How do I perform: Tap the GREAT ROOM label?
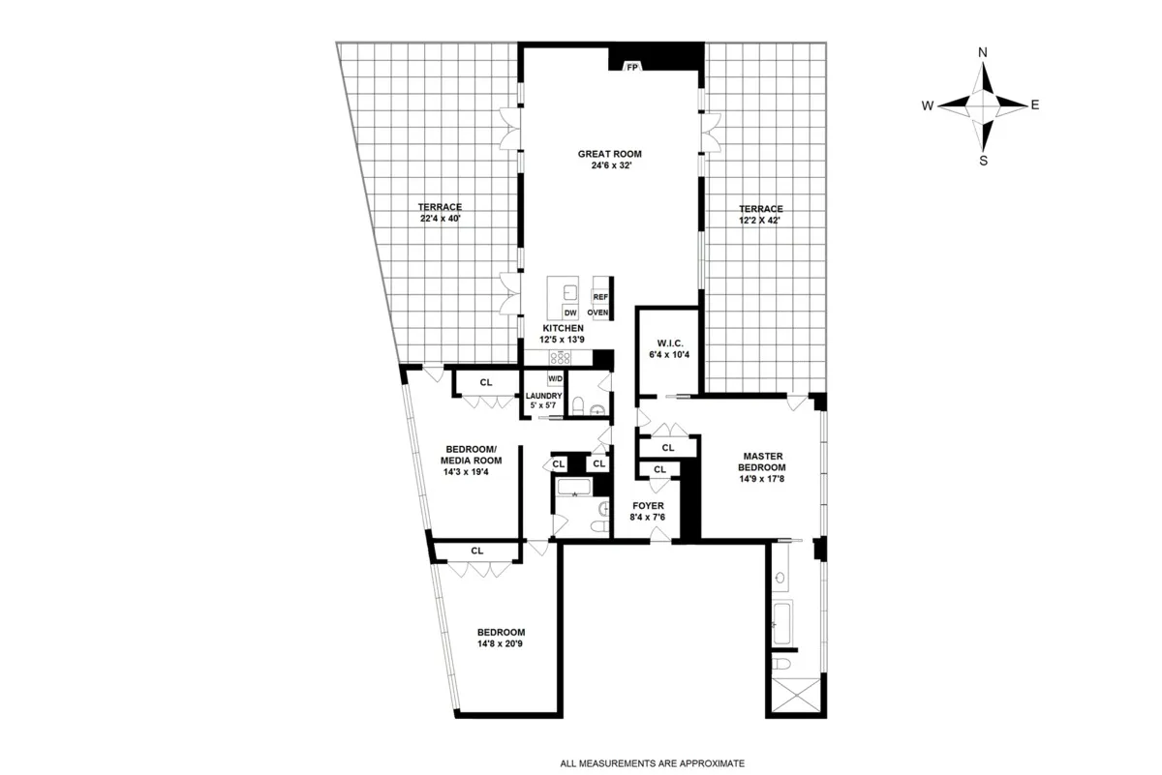coord(609,153)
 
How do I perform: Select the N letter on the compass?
coord(983,52)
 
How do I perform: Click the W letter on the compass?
coord(927,105)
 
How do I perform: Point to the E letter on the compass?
coord(1035,105)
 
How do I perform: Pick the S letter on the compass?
coord(983,161)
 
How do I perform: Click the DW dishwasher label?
coord(570,313)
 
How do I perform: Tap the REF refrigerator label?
coord(599,297)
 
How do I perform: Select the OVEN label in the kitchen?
coord(597,313)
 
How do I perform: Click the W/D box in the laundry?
coord(556,378)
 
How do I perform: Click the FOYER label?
coord(648,505)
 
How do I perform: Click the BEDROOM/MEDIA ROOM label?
coord(471,455)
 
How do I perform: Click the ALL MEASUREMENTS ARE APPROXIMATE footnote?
coord(638,762)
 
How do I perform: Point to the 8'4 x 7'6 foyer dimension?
coord(648,518)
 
